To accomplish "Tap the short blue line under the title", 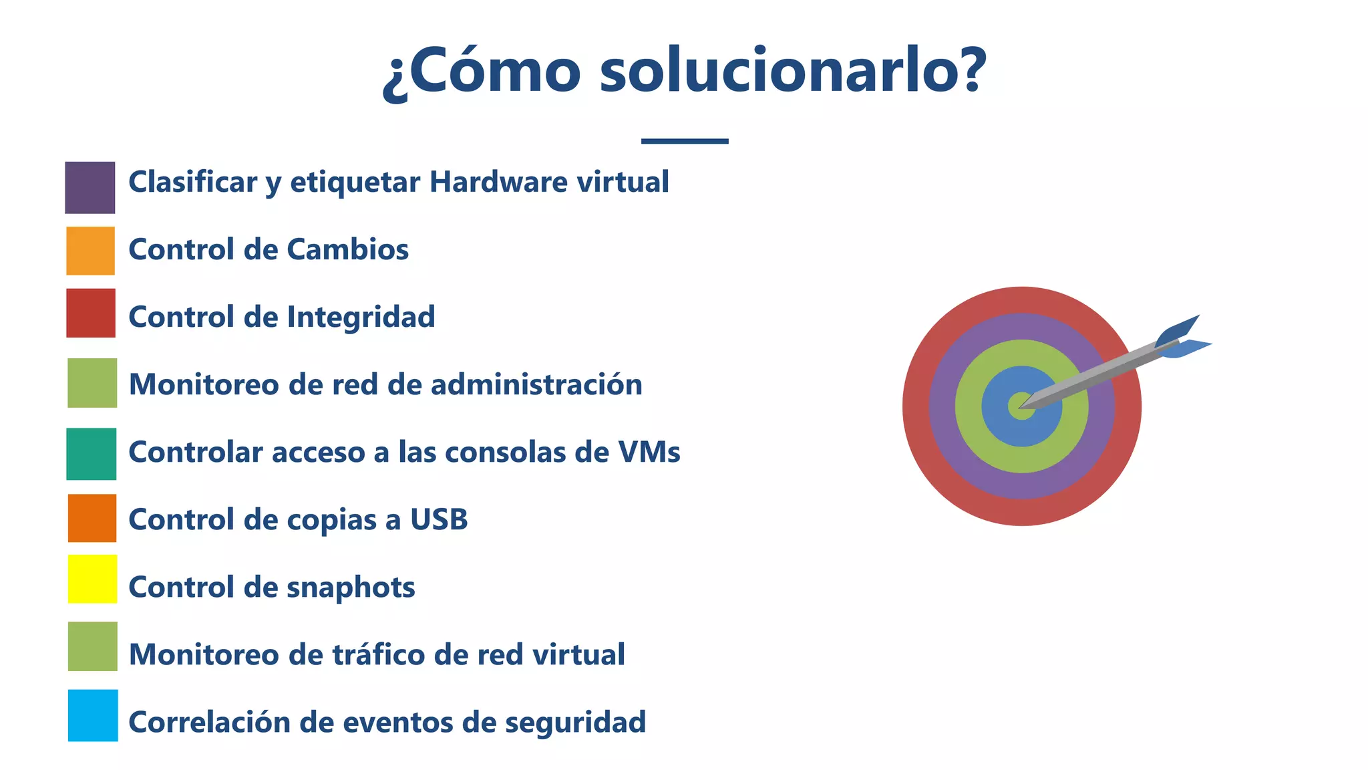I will [x=685, y=141].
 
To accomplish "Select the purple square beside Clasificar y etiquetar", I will [x=90, y=188].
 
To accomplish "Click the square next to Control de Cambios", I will [x=91, y=251].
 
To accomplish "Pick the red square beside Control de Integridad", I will [x=91, y=313].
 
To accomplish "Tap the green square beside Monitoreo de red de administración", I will [x=92, y=383].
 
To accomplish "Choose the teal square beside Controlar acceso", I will [x=92, y=454].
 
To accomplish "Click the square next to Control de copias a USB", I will [x=92, y=518].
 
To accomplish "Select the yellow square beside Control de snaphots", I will [x=92, y=579].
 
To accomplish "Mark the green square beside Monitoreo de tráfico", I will [x=93, y=646].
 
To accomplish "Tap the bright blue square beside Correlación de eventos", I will [x=93, y=715].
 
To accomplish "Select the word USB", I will [x=439, y=519].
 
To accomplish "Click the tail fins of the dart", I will [x=1183, y=338].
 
